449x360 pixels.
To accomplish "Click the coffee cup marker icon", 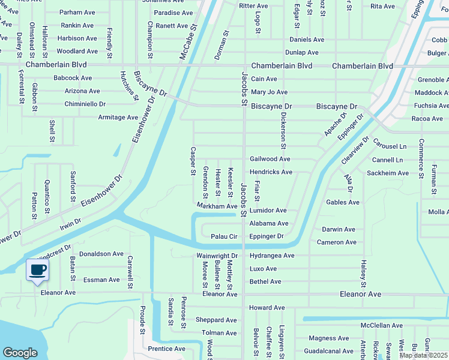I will pyautogui.click(x=38, y=269).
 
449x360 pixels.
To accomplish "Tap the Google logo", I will pyautogui.click(x=20, y=353).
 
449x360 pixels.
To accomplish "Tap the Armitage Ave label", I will pyautogui.click(x=118, y=118).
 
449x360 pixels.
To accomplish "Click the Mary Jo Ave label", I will pyautogui.click(x=269, y=92).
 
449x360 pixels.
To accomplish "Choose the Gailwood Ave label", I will pyautogui.click(x=270, y=159).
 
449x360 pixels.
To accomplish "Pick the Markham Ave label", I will pyautogui.click(x=217, y=206).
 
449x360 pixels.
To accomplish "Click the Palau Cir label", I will pyautogui.click(x=225, y=236).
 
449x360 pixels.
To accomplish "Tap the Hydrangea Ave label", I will pyautogui.click(x=272, y=256).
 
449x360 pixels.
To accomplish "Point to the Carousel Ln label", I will pyautogui.click(x=390, y=146).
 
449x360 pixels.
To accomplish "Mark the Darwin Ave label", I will pyautogui.click(x=339, y=229).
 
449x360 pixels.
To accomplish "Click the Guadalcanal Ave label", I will pyautogui.click(x=329, y=351).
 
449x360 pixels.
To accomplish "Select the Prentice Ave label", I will pyautogui.click(x=166, y=349).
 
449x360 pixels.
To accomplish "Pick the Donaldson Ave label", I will pyautogui.click(x=101, y=254).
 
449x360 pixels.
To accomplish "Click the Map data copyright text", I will pyautogui.click(x=424, y=355).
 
